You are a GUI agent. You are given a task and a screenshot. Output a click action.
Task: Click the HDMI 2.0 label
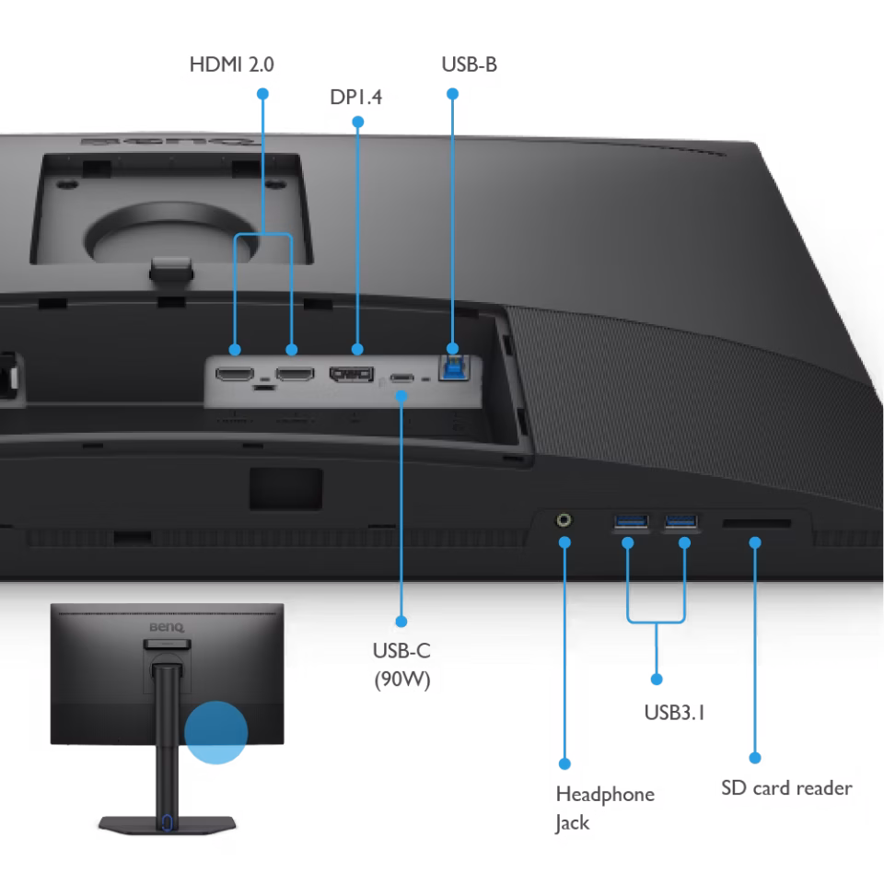click(232, 64)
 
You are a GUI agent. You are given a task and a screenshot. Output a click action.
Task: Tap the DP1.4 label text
click(355, 97)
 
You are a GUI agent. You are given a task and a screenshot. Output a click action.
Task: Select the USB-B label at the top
click(469, 64)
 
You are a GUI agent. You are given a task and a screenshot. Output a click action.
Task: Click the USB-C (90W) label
click(402, 665)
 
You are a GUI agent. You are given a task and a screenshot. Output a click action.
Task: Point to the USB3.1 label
click(674, 713)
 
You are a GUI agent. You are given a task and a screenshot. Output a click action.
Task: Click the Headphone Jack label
click(605, 808)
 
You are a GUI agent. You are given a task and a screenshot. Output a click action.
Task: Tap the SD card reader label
click(786, 787)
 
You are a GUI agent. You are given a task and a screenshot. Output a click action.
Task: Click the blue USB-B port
click(454, 367)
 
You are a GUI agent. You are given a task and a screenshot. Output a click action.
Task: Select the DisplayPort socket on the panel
click(352, 374)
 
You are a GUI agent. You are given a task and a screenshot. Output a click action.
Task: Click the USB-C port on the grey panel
click(402, 378)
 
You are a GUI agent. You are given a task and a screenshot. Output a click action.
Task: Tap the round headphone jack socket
click(564, 519)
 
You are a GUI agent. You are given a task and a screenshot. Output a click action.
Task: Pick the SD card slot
click(757, 524)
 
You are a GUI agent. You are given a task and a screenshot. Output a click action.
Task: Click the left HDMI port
click(235, 373)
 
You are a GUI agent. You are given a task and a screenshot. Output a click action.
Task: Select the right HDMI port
click(295, 373)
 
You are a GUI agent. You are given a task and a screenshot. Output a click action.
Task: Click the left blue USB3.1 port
click(632, 521)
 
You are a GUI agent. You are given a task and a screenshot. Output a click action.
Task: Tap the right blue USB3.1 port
click(681, 521)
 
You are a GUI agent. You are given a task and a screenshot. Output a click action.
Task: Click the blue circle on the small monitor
click(215, 732)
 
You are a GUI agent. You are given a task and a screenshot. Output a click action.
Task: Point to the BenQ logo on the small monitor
click(167, 627)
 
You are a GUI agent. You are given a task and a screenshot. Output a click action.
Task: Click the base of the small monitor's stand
click(167, 823)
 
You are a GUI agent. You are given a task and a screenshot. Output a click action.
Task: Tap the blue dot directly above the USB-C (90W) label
click(401, 622)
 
